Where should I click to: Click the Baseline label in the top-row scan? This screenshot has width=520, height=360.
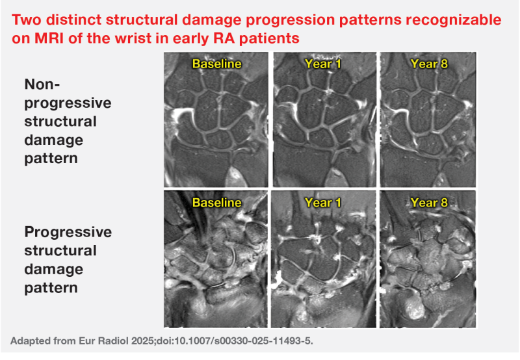pos(217,64)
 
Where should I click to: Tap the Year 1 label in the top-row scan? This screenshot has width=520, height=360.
pos(323,64)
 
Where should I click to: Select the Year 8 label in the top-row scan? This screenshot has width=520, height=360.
pos(429,64)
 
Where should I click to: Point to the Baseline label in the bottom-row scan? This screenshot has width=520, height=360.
pos(217,203)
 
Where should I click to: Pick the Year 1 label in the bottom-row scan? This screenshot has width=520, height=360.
pos(323,203)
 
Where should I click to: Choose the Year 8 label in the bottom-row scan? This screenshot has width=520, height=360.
pos(429,203)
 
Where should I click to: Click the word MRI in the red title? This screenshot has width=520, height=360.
pos(49,38)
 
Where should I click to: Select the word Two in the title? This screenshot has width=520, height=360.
pos(27,20)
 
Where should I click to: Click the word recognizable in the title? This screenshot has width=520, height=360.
pos(454,21)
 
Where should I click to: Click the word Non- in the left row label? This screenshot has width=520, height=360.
pos(42,84)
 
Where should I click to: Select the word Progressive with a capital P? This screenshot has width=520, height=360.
pos(68,233)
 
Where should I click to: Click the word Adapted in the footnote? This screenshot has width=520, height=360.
pos(27,341)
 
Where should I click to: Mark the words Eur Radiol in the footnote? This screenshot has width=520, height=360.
pos(104,341)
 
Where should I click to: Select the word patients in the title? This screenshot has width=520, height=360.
pos(269,39)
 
